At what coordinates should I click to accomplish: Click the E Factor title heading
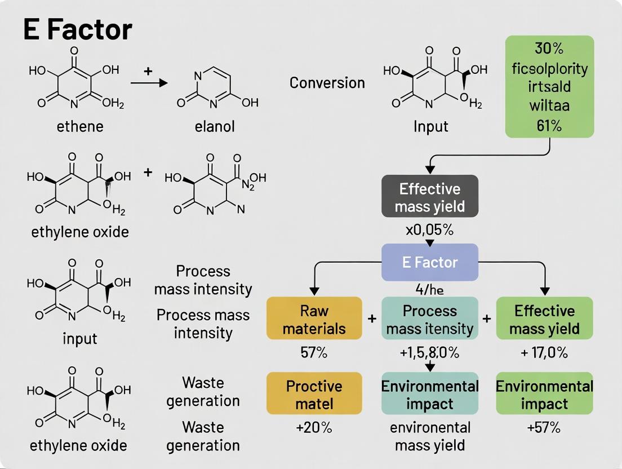click(78, 29)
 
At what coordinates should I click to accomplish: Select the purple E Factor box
click(429, 262)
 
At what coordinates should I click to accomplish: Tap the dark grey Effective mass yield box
click(429, 197)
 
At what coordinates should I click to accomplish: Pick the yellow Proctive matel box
click(314, 394)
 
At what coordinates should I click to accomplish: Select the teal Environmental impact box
click(429, 394)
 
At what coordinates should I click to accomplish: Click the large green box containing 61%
click(549, 86)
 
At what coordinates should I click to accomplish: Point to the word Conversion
click(327, 83)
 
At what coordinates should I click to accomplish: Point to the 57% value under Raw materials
click(314, 353)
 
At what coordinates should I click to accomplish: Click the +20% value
click(314, 427)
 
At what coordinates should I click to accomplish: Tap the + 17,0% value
click(544, 353)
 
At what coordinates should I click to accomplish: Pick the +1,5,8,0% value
click(429, 353)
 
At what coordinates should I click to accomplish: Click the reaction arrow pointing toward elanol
click(149, 83)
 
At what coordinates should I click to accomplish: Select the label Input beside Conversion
click(430, 126)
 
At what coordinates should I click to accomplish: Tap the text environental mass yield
click(429, 436)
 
